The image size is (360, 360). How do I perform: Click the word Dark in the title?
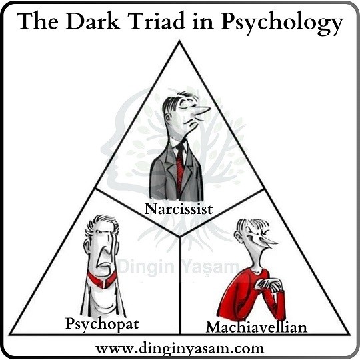93,21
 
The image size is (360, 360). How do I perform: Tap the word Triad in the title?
157,21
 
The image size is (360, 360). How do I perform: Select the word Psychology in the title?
282,23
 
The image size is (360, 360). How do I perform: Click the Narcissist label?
179,209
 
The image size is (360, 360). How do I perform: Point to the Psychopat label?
102,324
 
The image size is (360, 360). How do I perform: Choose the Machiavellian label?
257,327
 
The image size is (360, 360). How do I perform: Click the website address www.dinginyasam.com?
180,348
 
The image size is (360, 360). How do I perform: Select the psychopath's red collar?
102,279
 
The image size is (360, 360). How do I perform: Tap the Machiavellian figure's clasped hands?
270,285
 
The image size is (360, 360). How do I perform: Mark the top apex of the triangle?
180,41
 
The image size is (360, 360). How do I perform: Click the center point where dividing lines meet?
180,237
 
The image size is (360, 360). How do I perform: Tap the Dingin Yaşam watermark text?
179,266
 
